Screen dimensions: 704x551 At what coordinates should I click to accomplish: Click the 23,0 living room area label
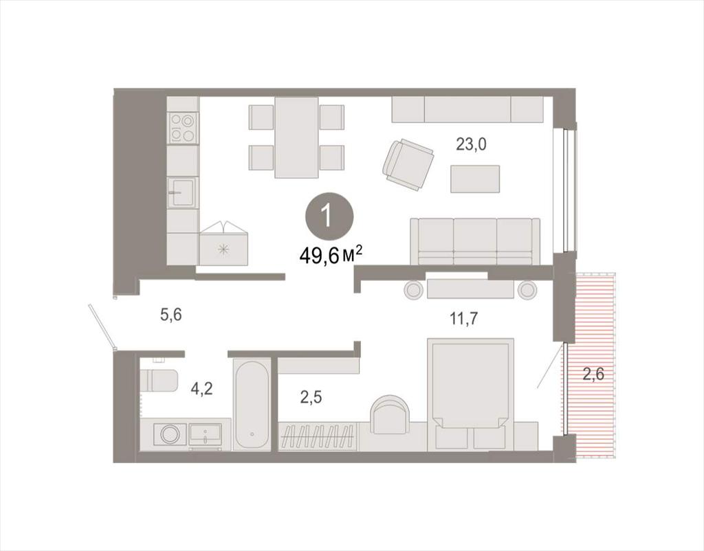tap(471, 144)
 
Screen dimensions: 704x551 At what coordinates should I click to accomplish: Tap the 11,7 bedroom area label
tap(464, 319)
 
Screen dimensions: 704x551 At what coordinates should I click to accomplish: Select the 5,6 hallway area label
tap(171, 315)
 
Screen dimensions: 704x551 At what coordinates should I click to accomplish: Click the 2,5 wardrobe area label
tap(311, 398)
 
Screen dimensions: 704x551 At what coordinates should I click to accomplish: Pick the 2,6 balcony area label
tap(593, 374)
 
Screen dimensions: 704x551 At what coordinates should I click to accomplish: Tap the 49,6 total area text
tap(331, 257)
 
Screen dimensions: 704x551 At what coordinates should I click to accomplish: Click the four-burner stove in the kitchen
tap(183, 128)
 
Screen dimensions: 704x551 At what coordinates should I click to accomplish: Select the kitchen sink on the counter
tap(182, 192)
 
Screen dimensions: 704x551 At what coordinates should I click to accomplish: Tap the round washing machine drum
tap(170, 434)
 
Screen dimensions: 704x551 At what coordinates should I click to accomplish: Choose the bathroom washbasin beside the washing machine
tap(205, 434)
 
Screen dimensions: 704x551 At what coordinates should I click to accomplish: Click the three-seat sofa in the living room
tap(475, 242)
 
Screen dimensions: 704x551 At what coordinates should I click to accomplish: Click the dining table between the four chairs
tap(297, 137)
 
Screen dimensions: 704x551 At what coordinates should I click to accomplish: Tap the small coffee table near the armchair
tap(475, 179)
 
